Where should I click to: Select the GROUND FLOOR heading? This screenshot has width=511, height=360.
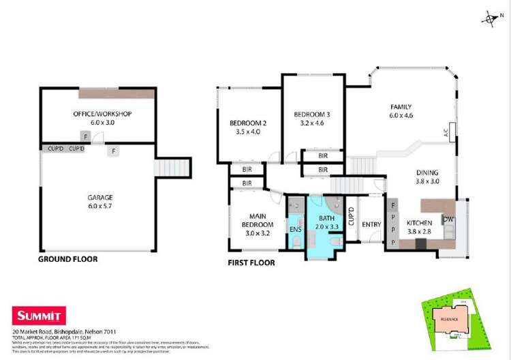pos(67,259)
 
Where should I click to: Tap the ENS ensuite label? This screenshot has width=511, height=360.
pos(295,230)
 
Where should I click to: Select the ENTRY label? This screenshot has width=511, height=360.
pos(371,224)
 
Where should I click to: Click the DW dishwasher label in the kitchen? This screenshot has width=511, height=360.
pos(448,219)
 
